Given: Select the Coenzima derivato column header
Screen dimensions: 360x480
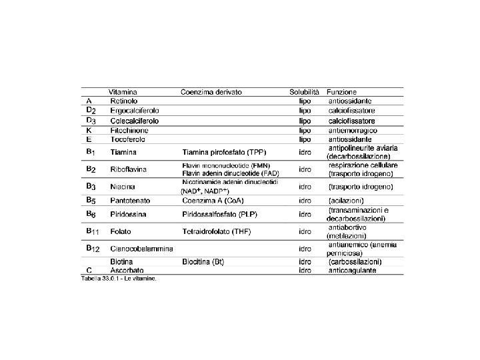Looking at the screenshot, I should tap(211, 91).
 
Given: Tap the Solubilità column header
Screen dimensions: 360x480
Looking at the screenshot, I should tap(304, 91).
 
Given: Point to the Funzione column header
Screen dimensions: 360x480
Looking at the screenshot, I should tap(341, 91).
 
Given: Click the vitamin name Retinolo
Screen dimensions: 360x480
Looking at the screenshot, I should tap(124, 101).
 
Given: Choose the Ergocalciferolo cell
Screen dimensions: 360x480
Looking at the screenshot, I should tap(134, 111).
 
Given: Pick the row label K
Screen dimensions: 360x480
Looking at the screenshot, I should tap(89, 131).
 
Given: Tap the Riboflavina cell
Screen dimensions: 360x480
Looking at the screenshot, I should tap(129, 169).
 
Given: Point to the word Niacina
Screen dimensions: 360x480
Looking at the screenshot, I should tap(123, 187).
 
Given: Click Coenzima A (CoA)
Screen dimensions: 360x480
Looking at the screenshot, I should tap(213, 200).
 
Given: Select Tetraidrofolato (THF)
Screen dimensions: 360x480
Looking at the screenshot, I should tap(216, 232).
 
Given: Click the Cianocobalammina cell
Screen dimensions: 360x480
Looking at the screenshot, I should tap(141, 249).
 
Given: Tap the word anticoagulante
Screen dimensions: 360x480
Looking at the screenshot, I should tap(352, 271).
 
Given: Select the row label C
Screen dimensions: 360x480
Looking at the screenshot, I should tap(89, 271).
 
